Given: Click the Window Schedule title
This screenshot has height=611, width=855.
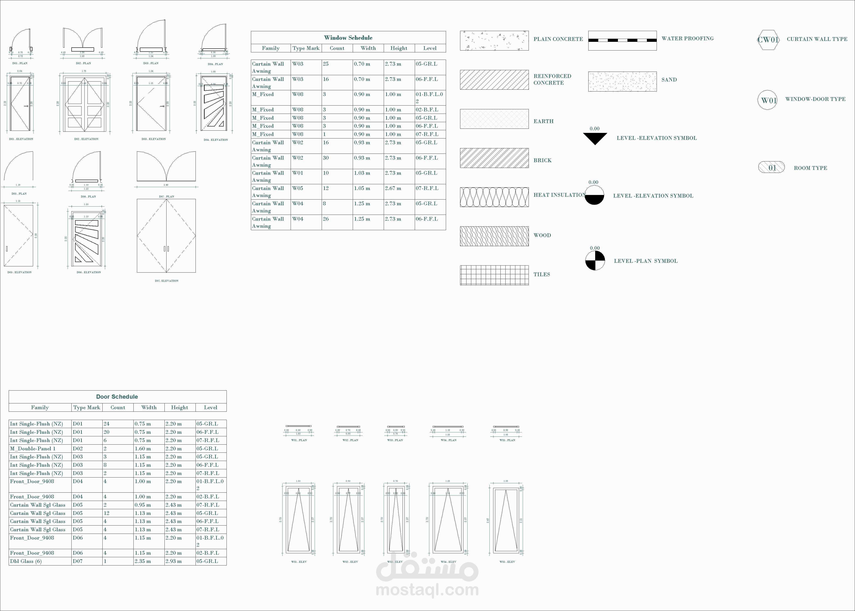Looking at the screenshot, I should (348, 38).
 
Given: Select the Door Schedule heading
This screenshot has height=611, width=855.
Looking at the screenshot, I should (117, 397).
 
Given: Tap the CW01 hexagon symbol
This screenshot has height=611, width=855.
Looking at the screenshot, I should (767, 40).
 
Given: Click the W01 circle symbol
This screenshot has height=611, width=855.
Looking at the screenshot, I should (767, 100).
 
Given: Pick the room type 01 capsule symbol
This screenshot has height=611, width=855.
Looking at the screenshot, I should (771, 167).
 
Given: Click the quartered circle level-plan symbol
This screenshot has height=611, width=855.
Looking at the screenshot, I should (595, 260).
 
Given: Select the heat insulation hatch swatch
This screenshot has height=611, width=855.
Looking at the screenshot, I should (494, 197).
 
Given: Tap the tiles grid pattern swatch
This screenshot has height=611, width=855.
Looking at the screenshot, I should (494, 275).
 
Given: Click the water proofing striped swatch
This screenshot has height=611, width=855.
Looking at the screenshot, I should (622, 40).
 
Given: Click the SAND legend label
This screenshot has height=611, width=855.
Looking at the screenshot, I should (669, 80).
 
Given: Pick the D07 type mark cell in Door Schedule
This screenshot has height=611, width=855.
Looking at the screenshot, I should (78, 561).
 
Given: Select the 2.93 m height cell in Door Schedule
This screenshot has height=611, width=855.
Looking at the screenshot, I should (173, 561).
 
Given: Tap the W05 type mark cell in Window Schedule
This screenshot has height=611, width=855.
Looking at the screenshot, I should (298, 188).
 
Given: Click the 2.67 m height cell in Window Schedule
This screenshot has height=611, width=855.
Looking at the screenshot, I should (393, 188).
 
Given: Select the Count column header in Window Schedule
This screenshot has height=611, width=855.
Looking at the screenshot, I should (337, 48).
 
